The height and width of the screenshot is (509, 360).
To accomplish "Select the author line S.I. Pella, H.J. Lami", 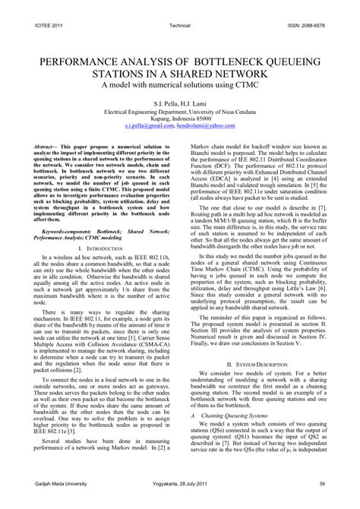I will point(180,103).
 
